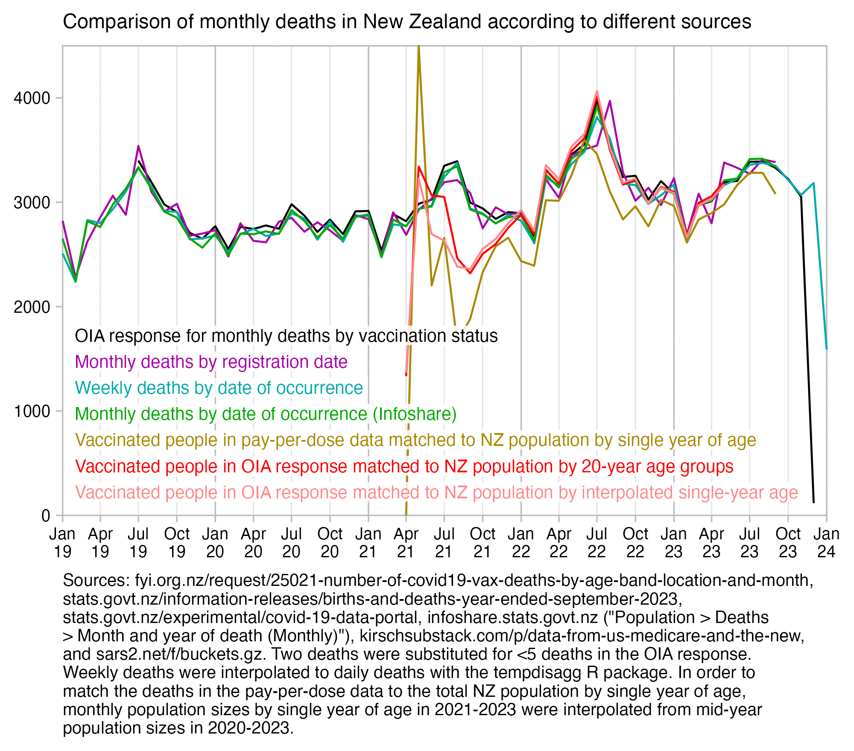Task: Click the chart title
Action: point(407,21)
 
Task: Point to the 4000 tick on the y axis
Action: point(32,98)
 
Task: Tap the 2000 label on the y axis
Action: point(32,307)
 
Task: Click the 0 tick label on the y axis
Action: point(46,515)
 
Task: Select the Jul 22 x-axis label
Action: point(597,542)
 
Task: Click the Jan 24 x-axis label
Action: point(826,542)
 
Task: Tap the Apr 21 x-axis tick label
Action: point(406,542)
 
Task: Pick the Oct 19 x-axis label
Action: point(177,542)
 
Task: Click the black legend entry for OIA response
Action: point(286,336)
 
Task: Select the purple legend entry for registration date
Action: point(211,362)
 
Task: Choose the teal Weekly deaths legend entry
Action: point(219,388)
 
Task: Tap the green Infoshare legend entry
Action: point(266,414)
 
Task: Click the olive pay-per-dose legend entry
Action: point(415,440)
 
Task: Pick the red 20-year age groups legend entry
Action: point(404,466)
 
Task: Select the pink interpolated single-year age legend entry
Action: point(436,492)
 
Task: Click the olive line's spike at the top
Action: point(418,47)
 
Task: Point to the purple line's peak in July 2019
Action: point(138,146)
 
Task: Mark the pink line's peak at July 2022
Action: point(597,91)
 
